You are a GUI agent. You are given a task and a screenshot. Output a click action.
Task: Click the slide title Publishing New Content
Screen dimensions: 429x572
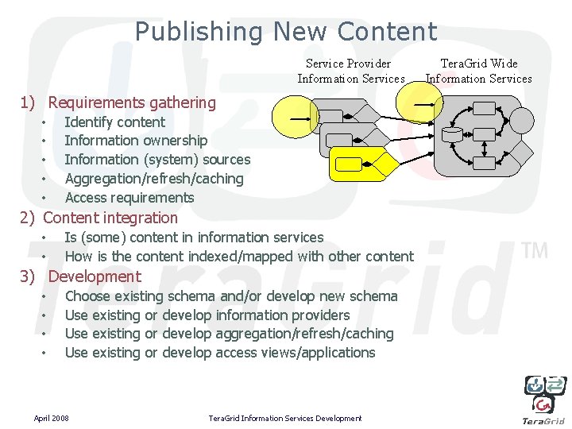(286, 32)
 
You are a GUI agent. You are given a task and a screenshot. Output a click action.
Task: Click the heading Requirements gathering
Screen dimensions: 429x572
(132, 102)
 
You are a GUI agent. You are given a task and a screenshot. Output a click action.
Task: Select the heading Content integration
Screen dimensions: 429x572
(110, 218)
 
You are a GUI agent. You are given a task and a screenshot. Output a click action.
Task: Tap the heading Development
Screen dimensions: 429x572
(95, 276)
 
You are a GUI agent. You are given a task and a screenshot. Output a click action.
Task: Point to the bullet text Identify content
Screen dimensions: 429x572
(115, 122)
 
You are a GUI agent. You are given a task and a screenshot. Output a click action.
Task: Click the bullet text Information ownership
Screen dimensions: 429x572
(136, 141)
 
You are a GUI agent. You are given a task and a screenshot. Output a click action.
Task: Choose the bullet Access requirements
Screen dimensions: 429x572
(129, 198)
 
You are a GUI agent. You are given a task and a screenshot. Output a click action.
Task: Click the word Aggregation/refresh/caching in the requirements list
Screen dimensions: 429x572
(154, 179)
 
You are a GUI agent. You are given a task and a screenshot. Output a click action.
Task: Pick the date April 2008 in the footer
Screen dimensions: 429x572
(51, 418)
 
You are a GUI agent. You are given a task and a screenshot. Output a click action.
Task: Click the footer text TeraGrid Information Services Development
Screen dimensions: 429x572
(284, 418)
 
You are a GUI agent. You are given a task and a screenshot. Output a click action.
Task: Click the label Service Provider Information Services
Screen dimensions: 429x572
(350, 71)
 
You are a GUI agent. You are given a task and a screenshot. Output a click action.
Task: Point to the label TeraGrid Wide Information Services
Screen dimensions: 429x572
(478, 71)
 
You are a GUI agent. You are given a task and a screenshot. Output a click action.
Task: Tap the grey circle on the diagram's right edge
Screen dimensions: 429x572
(522, 120)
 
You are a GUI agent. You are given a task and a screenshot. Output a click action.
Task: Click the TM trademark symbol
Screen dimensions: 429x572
(535, 251)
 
